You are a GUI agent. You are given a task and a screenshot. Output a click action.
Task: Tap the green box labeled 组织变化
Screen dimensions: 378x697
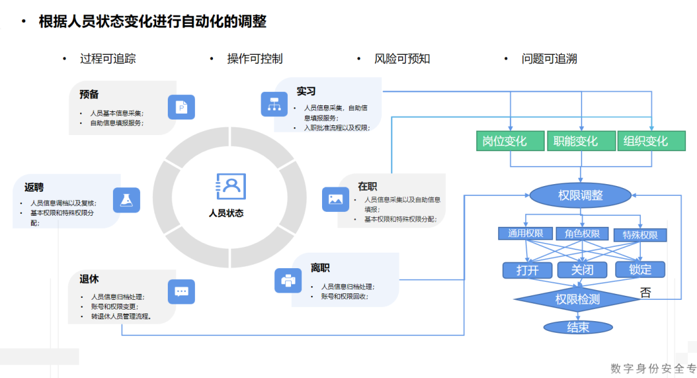(651, 141)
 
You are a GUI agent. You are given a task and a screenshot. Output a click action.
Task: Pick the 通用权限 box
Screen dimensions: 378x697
(525, 234)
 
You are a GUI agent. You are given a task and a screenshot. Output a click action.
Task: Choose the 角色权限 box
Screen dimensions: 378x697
(582, 234)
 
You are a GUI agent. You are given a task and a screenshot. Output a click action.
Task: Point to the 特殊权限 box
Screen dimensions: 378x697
(640, 235)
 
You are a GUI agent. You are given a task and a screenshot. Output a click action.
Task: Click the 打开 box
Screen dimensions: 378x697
(527, 269)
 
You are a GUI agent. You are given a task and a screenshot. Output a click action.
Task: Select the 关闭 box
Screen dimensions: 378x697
(582, 269)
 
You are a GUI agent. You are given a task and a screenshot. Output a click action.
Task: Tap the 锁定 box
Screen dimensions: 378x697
(640, 269)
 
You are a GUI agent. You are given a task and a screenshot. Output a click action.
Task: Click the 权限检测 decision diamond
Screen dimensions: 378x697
(578, 299)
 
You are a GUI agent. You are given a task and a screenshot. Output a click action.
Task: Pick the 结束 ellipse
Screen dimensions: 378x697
(578, 327)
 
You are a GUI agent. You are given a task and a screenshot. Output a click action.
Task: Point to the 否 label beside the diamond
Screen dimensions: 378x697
(645, 293)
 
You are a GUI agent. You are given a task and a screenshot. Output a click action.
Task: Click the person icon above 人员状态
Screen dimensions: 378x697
(230, 187)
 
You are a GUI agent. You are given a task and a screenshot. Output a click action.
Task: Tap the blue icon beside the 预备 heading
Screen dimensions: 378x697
(181, 107)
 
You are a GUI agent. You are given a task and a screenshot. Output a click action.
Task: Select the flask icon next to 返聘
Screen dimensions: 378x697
(126, 200)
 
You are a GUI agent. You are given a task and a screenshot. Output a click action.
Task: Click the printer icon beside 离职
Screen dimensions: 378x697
(288, 280)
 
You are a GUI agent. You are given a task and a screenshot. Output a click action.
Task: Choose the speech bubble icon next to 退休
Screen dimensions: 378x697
(181, 291)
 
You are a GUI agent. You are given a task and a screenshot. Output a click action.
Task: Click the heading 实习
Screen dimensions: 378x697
(306, 92)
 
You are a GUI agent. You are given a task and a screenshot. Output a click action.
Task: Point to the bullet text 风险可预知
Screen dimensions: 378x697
(402, 59)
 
